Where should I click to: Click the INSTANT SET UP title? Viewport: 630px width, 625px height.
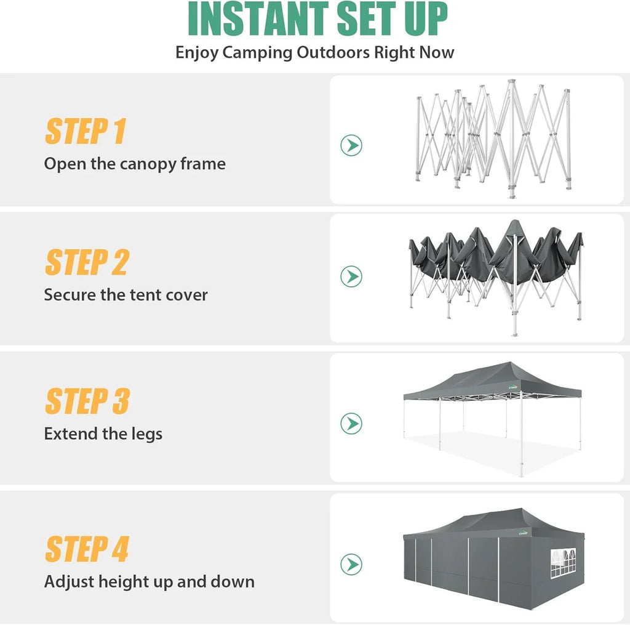(x=317, y=20)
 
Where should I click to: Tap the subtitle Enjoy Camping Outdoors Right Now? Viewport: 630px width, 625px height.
(x=314, y=52)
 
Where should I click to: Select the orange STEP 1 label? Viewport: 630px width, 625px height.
(x=86, y=131)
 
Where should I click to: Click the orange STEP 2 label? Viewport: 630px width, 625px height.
(x=87, y=262)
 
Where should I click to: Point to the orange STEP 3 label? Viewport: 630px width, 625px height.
(x=87, y=401)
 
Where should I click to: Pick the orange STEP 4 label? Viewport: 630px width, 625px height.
(x=87, y=549)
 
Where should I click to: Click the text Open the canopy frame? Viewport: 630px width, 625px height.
(x=135, y=164)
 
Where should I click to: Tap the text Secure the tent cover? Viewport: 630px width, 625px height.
(x=126, y=295)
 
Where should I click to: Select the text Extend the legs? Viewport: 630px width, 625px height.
(x=103, y=434)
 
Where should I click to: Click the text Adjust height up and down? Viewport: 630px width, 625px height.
(x=149, y=582)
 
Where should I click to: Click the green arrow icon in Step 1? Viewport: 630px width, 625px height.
(x=351, y=145)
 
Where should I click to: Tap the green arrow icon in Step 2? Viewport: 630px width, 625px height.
(x=351, y=276)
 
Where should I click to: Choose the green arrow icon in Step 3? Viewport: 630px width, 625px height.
(x=351, y=424)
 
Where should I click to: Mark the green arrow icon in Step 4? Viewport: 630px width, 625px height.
(x=351, y=564)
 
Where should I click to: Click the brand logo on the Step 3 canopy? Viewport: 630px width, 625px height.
(x=514, y=387)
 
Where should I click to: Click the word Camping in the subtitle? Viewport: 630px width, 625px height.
(x=258, y=52)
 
